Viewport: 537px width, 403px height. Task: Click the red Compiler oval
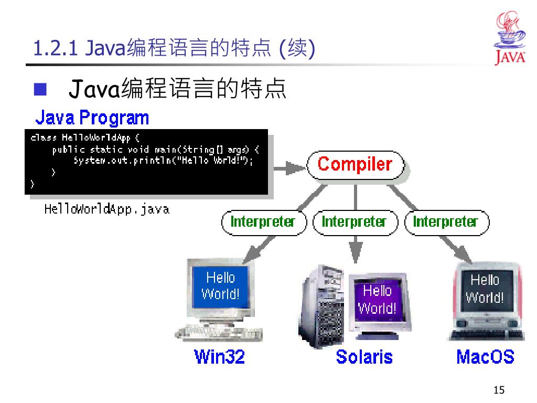pos(355,165)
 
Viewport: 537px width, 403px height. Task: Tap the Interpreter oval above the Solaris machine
pos(354,221)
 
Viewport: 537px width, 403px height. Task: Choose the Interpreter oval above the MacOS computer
pos(445,221)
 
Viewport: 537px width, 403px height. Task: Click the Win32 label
pos(220,357)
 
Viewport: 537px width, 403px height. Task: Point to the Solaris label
pos(364,357)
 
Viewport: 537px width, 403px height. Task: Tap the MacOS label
pos(485,357)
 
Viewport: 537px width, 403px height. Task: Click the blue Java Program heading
pos(92,118)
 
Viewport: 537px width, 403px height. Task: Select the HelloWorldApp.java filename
pos(107,209)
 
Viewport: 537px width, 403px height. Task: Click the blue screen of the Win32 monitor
pos(220,286)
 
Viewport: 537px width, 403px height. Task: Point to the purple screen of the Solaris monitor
pos(377,299)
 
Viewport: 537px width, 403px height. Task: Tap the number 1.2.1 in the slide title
pos(56,49)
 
